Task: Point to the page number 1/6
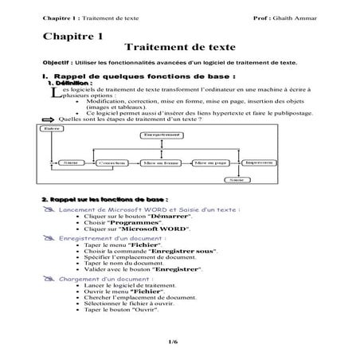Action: pos(173,342)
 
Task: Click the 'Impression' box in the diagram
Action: pos(258,161)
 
